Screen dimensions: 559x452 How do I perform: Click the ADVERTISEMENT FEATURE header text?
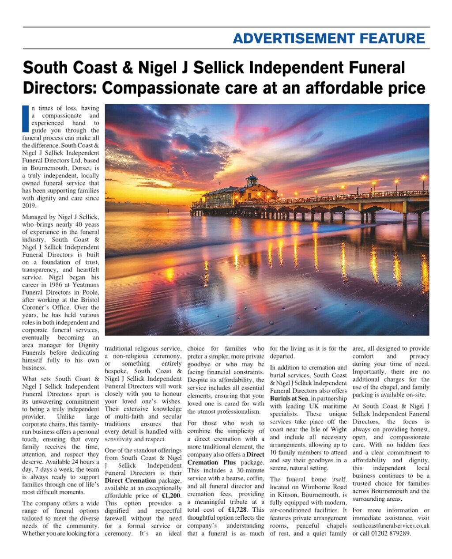tap(329, 38)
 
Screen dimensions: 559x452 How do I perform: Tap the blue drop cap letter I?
tap(25, 119)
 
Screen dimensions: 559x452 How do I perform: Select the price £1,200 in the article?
tap(171, 495)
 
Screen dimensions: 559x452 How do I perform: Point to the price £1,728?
tap(237, 510)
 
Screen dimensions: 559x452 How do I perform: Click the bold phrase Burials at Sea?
tap(289, 398)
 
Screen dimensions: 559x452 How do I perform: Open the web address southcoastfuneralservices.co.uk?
tap(391, 525)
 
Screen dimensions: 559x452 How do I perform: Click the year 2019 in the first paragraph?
tap(29, 206)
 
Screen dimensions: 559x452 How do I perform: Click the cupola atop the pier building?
tap(252, 179)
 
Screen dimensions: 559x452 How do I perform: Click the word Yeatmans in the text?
tap(86, 285)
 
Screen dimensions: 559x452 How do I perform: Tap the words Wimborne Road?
tap(324, 487)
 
